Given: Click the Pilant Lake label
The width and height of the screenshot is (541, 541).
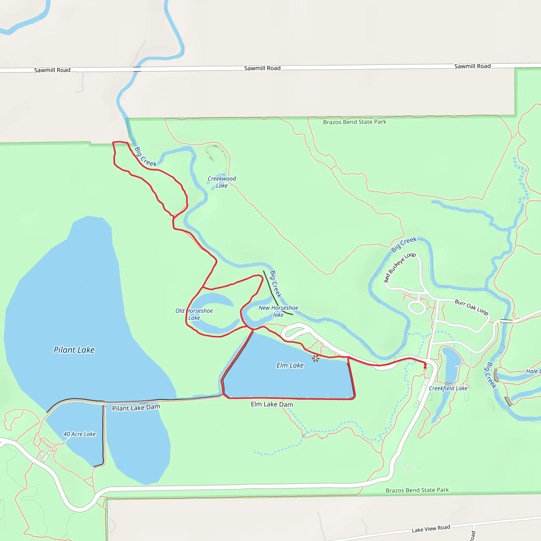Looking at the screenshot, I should (74, 350).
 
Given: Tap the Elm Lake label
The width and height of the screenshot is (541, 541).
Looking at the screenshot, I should (290, 365).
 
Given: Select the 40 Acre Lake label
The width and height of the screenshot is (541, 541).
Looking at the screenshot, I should (80, 434).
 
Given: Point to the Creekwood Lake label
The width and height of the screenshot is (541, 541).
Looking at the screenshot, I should (222, 182).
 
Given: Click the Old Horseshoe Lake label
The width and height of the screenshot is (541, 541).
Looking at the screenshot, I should (194, 314).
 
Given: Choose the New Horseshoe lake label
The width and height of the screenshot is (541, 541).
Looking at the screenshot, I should (278, 311).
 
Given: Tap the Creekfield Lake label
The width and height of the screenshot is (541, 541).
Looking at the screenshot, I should (448, 388).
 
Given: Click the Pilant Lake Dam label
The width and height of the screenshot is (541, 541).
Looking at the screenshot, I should (136, 408).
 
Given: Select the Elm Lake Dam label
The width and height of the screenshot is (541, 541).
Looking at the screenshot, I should (272, 404).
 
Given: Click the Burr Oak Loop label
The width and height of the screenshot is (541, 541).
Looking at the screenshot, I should (472, 307).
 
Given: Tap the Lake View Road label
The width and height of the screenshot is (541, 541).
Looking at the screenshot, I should (431, 529).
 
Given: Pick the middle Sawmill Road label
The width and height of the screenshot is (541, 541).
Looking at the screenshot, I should (262, 68).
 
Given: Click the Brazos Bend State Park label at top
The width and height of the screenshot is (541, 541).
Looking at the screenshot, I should (355, 122).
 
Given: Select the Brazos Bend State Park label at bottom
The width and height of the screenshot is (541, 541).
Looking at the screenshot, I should (417, 490).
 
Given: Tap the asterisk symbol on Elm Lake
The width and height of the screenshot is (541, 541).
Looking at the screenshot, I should (316, 358).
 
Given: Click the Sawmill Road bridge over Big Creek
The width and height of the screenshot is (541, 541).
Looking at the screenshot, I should (137, 69).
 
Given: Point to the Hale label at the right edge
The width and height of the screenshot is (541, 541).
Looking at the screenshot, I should (532, 371).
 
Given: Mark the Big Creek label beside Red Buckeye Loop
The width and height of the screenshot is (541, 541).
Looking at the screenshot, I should (404, 244).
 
